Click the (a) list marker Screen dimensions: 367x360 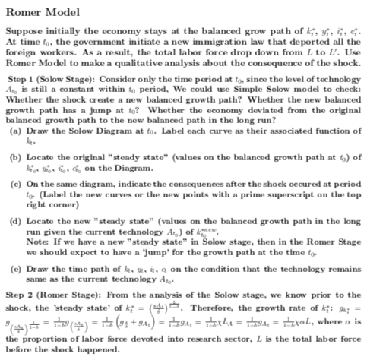[x=12, y=134]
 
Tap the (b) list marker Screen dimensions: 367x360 [x=12, y=155]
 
